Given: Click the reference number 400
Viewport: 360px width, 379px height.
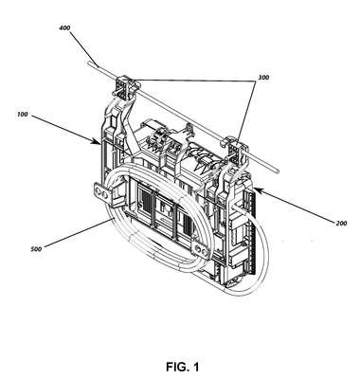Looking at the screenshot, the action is tap(64, 28).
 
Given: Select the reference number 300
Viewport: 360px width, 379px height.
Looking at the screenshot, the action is tap(263, 77).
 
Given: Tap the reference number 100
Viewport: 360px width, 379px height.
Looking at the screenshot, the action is tap(23, 115).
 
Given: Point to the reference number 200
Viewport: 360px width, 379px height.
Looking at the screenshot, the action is tap(341, 224).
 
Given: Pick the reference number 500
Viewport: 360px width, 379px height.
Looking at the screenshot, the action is tap(36, 249).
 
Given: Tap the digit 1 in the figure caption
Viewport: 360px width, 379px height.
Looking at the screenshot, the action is tap(196, 367).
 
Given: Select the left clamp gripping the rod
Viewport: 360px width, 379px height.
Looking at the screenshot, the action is tap(126, 85).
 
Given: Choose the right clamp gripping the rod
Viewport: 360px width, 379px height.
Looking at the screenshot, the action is tap(235, 146).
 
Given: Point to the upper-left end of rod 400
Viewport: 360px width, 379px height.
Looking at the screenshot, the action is tap(89, 63).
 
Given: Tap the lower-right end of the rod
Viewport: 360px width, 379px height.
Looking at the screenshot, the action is tap(278, 171).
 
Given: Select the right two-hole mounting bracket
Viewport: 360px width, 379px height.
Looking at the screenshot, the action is tap(200, 249).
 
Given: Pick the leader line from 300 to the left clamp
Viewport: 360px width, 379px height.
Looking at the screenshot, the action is tap(192, 80).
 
